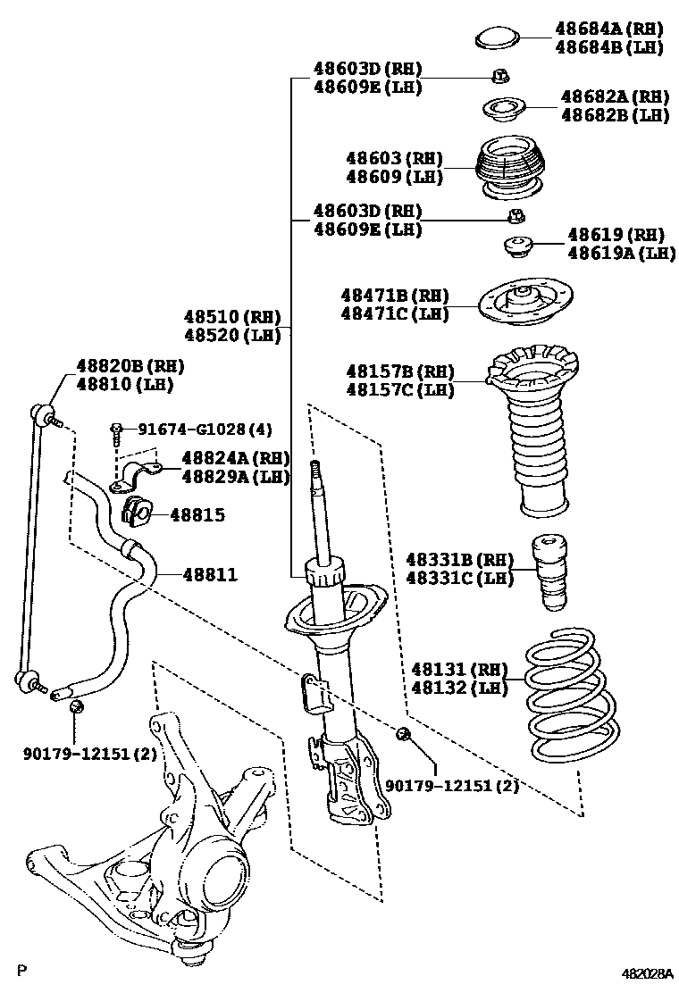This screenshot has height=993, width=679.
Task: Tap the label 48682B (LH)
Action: tap(615, 115)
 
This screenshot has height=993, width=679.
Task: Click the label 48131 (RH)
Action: tap(459, 668)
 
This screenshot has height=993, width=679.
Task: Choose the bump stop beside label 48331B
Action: tap(551, 572)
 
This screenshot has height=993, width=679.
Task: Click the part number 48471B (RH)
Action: tap(393, 295)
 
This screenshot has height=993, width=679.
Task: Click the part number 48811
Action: tap(211, 575)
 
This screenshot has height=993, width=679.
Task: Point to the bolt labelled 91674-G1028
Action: tap(116, 432)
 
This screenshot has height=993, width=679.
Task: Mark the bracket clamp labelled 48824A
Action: tap(135, 478)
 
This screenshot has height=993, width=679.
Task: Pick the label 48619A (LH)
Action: tap(621, 254)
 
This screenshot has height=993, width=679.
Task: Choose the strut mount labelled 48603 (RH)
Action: tap(507, 167)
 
